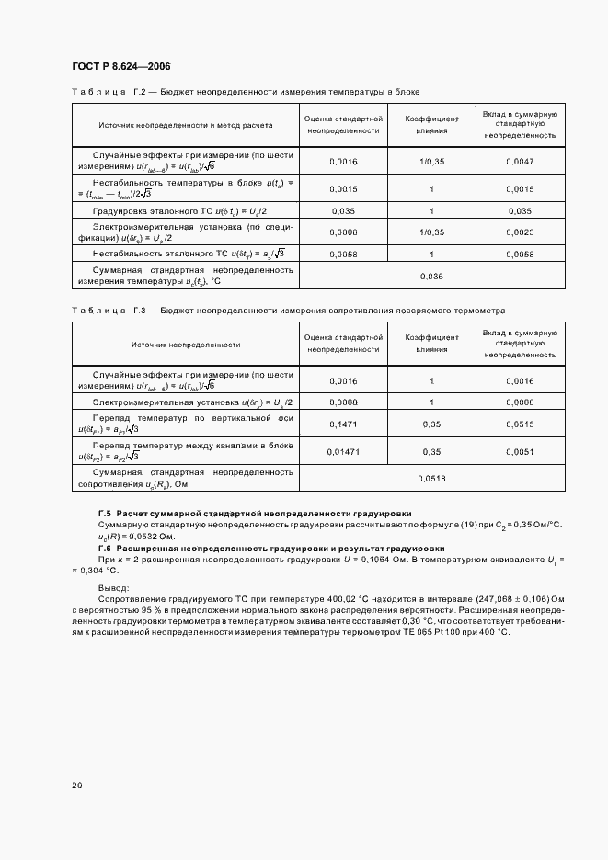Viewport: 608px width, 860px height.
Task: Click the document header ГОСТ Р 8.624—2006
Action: click(x=120, y=66)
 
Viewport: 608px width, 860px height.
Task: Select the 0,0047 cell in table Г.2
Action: click(x=520, y=161)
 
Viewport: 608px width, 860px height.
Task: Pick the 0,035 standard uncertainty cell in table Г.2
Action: click(x=343, y=211)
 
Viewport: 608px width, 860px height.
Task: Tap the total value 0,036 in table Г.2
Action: click(x=430, y=277)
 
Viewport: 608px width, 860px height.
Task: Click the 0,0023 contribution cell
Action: click(x=520, y=232)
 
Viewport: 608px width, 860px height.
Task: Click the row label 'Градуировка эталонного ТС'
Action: click(x=170, y=211)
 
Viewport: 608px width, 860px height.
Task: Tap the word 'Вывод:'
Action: click(x=114, y=587)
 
